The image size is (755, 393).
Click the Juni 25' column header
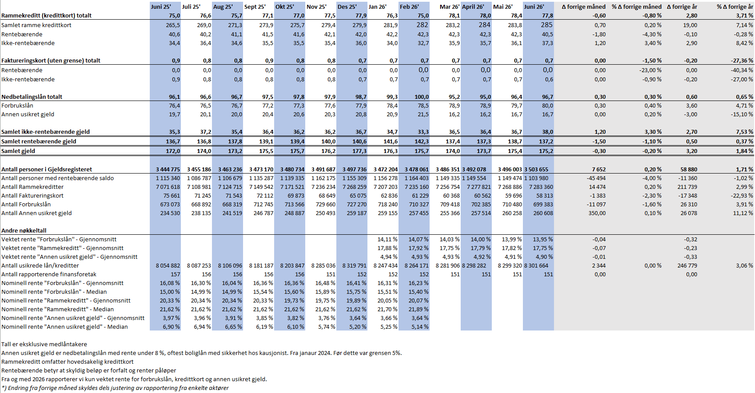tap(161, 7)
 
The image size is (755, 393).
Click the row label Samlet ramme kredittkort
tap(36, 25)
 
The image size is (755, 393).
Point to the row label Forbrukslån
tap(17, 105)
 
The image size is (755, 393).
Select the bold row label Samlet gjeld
tap(18, 151)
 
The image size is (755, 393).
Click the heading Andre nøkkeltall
tap(24, 230)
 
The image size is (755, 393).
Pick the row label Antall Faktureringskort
tap(32, 195)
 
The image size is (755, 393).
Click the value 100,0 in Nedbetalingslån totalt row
tap(422, 97)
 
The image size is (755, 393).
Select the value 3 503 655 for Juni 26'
tap(539, 169)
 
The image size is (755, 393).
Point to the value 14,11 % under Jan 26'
tap(388, 239)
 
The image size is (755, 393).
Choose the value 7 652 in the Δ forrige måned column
tap(599, 169)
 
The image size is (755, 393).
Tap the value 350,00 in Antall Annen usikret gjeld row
tap(597, 213)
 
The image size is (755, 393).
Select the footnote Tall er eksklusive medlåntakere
tap(44, 344)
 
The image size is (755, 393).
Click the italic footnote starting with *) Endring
tap(115, 388)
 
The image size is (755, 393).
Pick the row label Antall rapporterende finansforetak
tap(49, 274)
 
